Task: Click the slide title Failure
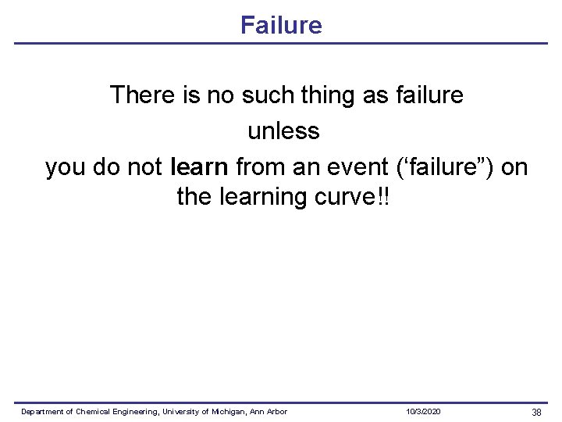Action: click(x=281, y=25)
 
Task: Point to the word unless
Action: click(x=283, y=131)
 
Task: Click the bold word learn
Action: click(x=198, y=166)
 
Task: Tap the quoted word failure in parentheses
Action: click(x=449, y=166)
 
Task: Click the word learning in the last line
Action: click(x=260, y=197)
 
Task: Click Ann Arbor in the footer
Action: click(x=269, y=412)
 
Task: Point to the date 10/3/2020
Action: click(x=423, y=412)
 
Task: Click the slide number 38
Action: click(x=536, y=412)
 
